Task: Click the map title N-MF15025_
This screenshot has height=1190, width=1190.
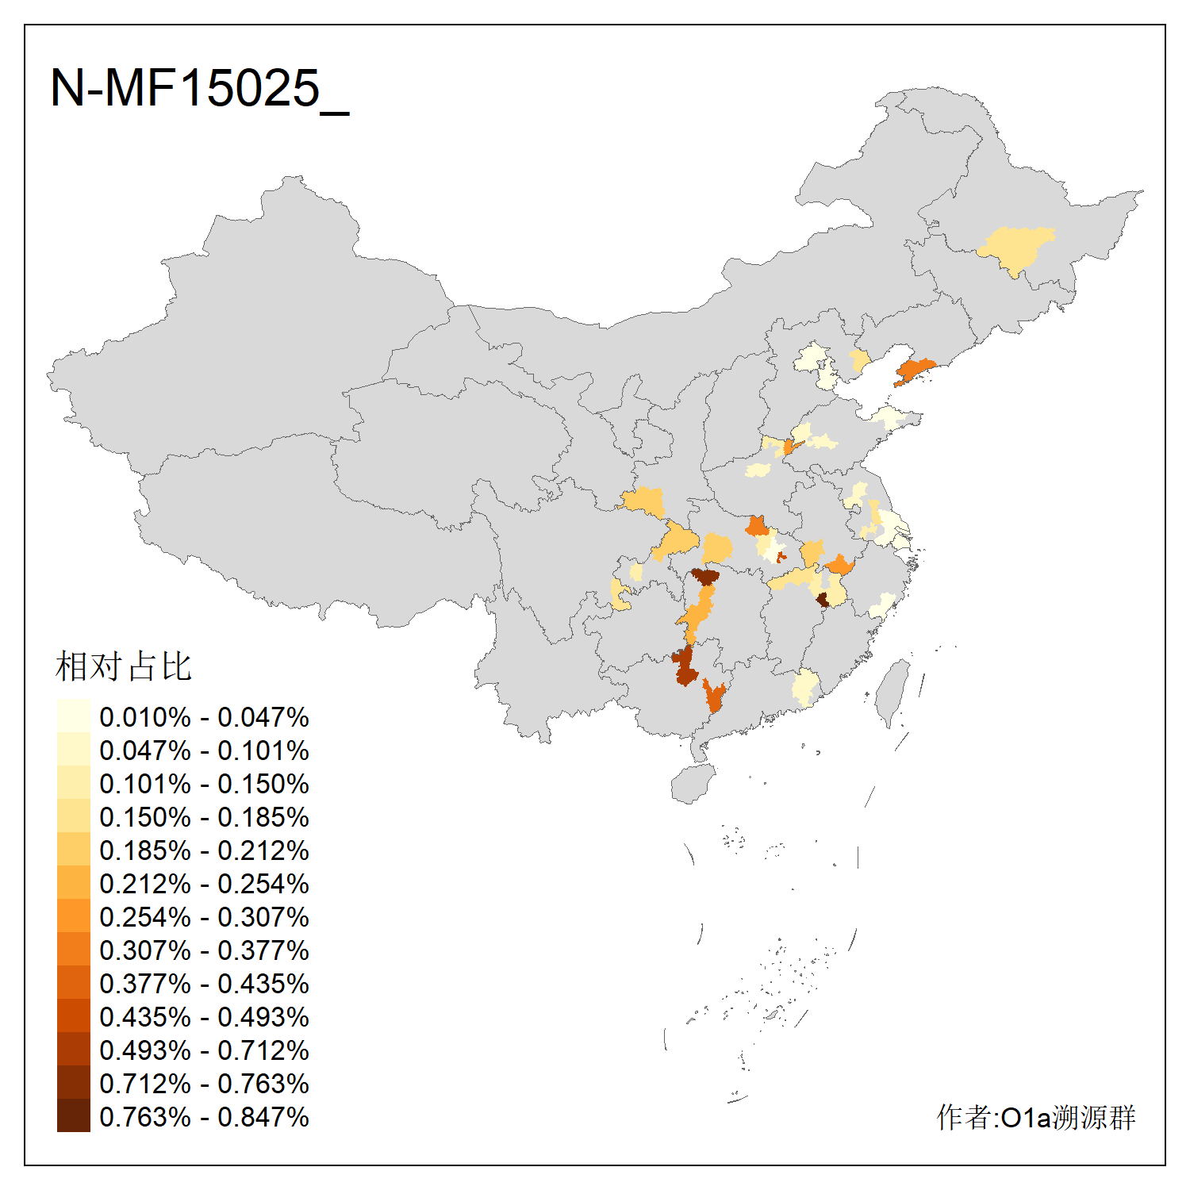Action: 199,89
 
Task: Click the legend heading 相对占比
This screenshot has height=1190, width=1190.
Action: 123,666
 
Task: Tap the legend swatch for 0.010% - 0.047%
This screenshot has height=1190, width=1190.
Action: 73,716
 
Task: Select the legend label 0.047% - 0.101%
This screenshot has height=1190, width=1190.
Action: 204,750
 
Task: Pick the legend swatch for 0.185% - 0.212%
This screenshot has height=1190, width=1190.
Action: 73,850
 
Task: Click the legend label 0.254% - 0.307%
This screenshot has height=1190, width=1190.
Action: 204,917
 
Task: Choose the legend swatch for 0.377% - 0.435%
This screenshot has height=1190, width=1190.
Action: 73,983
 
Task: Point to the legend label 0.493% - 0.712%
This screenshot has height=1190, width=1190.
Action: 204,1050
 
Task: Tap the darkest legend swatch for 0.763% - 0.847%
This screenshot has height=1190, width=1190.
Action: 73,1116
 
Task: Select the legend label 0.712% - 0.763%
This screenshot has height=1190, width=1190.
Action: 204,1084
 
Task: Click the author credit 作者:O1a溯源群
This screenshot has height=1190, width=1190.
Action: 1035,1117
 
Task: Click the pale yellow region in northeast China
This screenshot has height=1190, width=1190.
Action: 1015,248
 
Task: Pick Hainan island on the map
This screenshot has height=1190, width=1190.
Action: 693,784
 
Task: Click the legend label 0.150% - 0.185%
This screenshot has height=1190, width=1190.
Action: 204,817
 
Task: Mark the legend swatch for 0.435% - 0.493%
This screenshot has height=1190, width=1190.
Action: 73,1016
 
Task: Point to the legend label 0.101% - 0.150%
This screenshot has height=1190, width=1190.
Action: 204,784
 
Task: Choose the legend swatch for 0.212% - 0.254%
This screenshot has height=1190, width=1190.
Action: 73,883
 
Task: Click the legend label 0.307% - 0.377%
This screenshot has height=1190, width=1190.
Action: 204,950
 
